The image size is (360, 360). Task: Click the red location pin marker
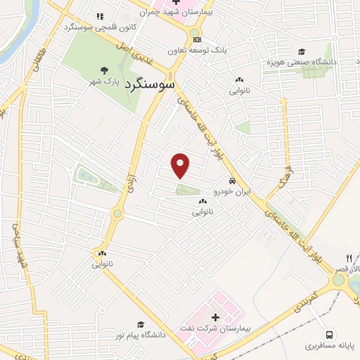point(181,165)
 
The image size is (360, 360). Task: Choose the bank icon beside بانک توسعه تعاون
point(197,39)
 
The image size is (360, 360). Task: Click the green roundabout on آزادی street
point(118,212)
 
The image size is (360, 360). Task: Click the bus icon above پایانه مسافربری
point(329,334)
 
